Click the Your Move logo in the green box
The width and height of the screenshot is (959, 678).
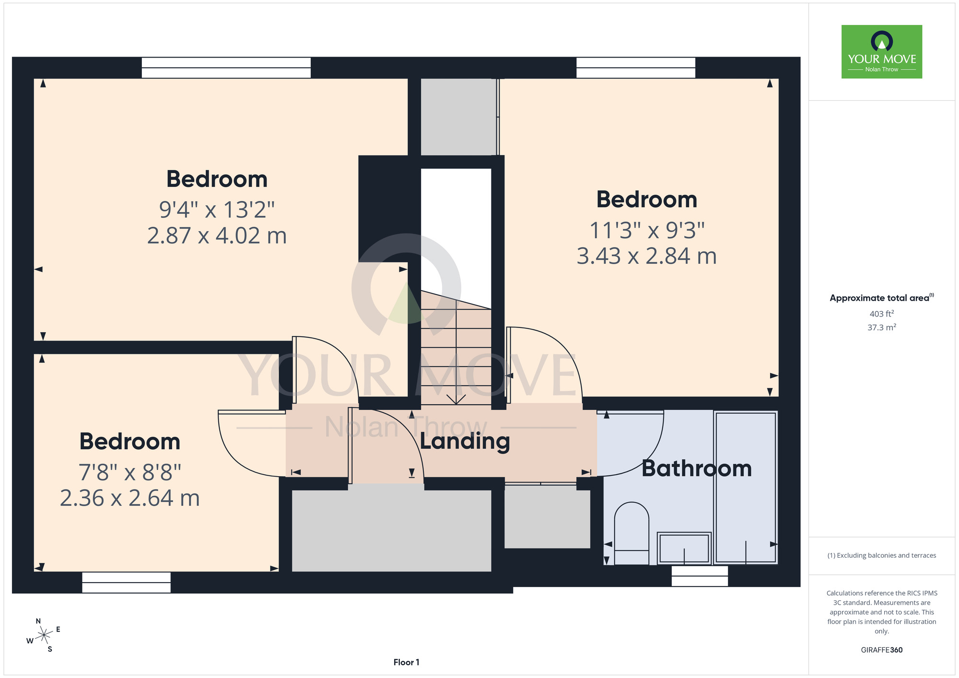click(882, 52)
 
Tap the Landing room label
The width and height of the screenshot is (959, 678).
click(465, 442)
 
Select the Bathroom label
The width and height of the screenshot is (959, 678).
click(697, 468)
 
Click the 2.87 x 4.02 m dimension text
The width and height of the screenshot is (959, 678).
click(217, 235)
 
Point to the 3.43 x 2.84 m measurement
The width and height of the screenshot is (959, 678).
click(646, 256)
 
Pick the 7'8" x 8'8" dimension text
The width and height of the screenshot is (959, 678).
click(130, 472)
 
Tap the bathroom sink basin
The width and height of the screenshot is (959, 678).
click(684, 548)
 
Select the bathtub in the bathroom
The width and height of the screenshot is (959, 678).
click(745, 487)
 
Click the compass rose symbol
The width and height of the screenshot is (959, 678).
click(44, 635)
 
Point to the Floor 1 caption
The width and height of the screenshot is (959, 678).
click(406, 662)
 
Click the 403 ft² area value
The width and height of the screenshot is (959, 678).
click(882, 314)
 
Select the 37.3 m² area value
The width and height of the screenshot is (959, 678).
click(882, 327)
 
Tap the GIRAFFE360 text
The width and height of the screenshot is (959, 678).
click(882, 650)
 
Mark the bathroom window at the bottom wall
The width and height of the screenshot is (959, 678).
click(700, 576)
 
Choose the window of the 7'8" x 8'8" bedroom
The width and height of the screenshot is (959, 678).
click(126, 582)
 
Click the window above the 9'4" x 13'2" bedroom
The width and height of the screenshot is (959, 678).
click(226, 68)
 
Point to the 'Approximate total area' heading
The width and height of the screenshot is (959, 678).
click(882, 298)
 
